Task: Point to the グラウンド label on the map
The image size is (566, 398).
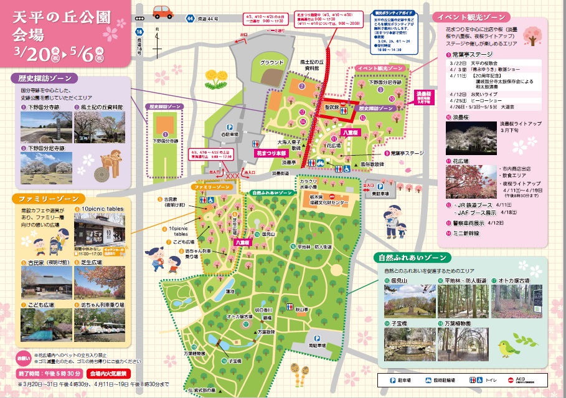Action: (x=272, y=62)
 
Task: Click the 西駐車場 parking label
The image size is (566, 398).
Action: (x=229, y=133)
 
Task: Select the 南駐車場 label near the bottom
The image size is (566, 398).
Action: (x=317, y=343)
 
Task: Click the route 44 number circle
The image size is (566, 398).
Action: (x=189, y=19)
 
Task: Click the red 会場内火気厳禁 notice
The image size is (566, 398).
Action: (x=108, y=374)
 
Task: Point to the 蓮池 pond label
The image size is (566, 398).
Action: (x=230, y=291)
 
